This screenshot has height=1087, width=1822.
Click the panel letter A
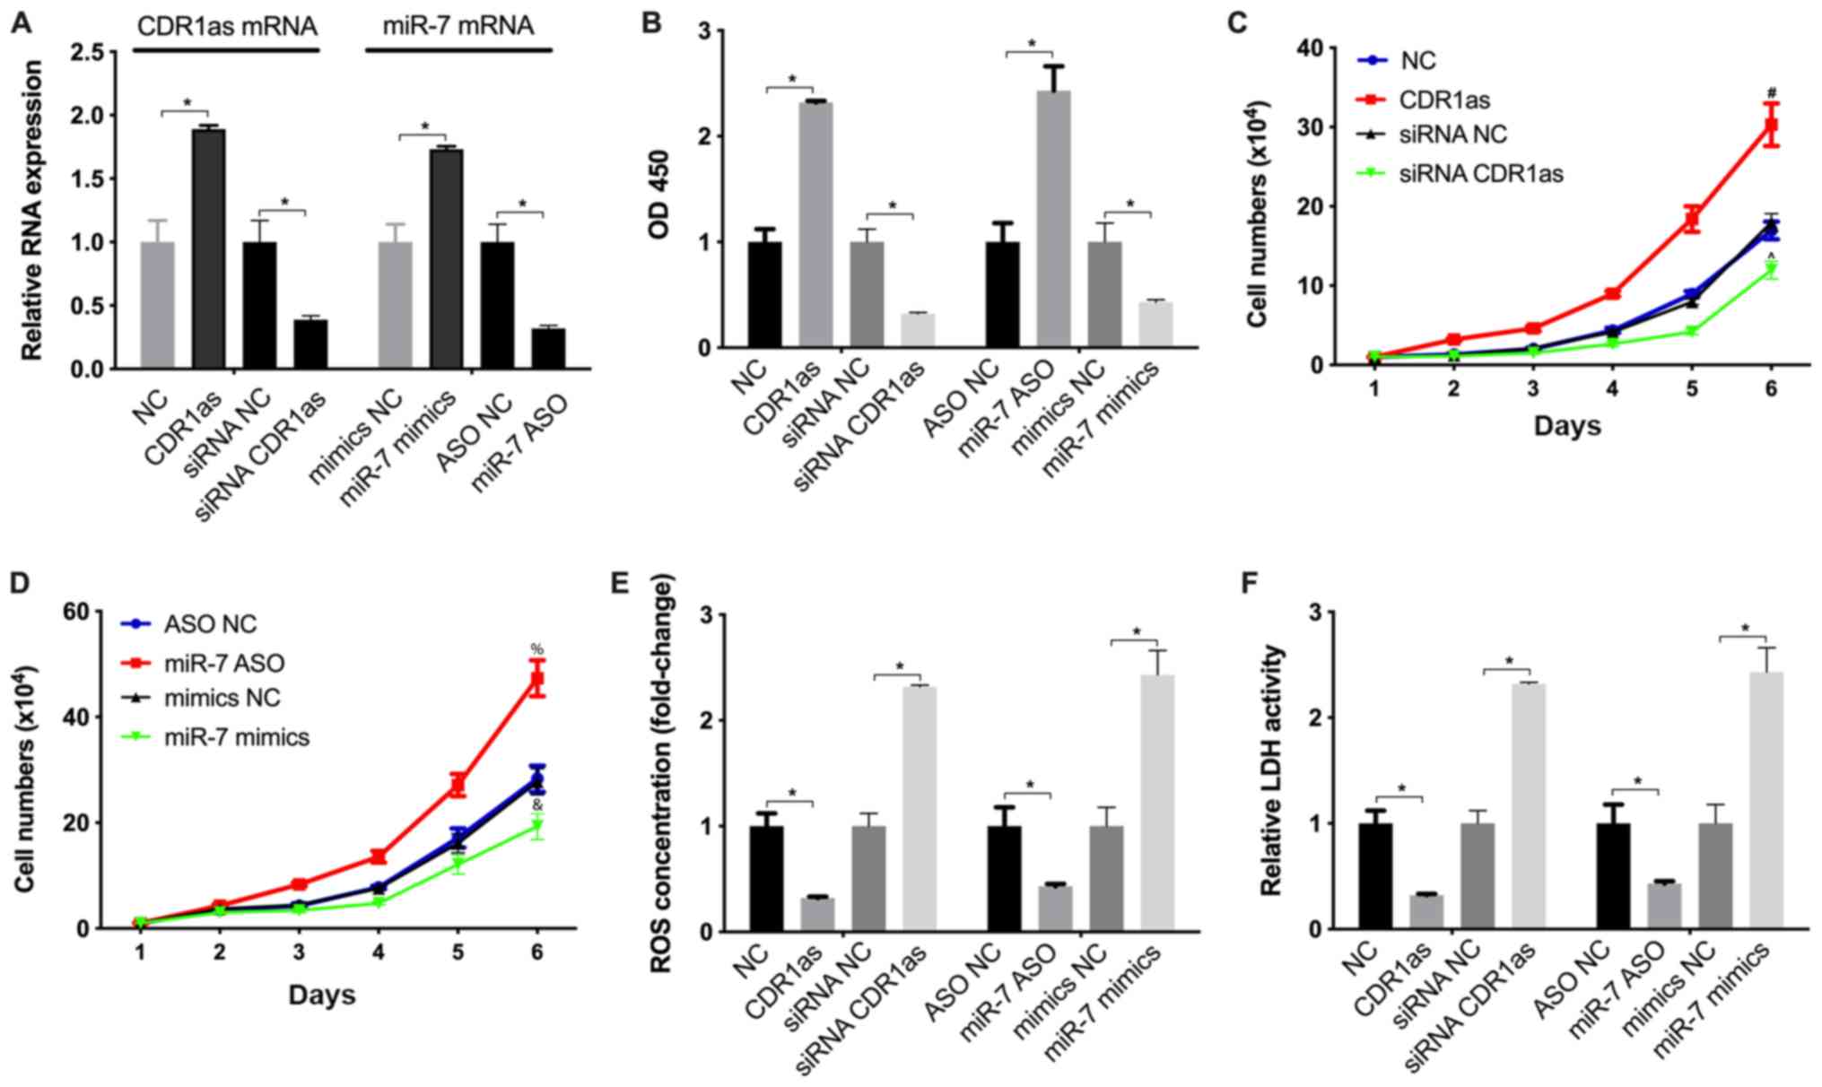tap(20, 22)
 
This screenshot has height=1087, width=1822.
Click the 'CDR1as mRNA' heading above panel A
tap(227, 26)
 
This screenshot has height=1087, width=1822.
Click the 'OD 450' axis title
tap(664, 189)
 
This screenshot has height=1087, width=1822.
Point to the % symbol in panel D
tap(536, 648)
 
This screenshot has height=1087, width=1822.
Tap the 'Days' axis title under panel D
tap(322, 994)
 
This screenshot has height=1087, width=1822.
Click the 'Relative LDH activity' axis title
tap(1271, 770)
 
